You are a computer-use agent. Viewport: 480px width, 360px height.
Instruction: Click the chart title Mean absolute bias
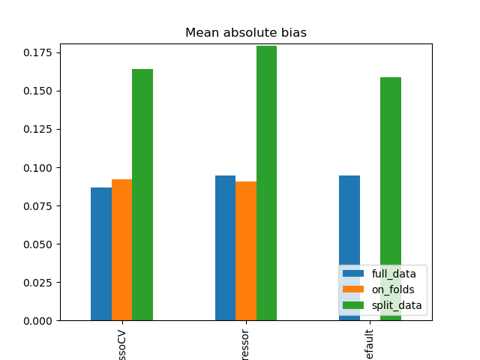point(246,33)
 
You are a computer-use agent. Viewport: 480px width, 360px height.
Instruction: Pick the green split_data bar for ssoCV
point(142,195)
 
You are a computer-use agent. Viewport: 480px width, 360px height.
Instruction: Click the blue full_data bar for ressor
point(225,247)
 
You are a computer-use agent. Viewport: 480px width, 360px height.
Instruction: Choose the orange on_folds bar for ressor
point(246,250)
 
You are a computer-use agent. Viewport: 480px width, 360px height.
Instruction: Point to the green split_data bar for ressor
point(266,183)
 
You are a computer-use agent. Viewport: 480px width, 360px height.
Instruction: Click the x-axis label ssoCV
point(121,343)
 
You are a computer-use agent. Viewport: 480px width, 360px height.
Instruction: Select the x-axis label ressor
point(246,343)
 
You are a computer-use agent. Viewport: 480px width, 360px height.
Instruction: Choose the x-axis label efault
point(370,343)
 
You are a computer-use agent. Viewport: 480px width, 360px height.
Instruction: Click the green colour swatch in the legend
point(353,305)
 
